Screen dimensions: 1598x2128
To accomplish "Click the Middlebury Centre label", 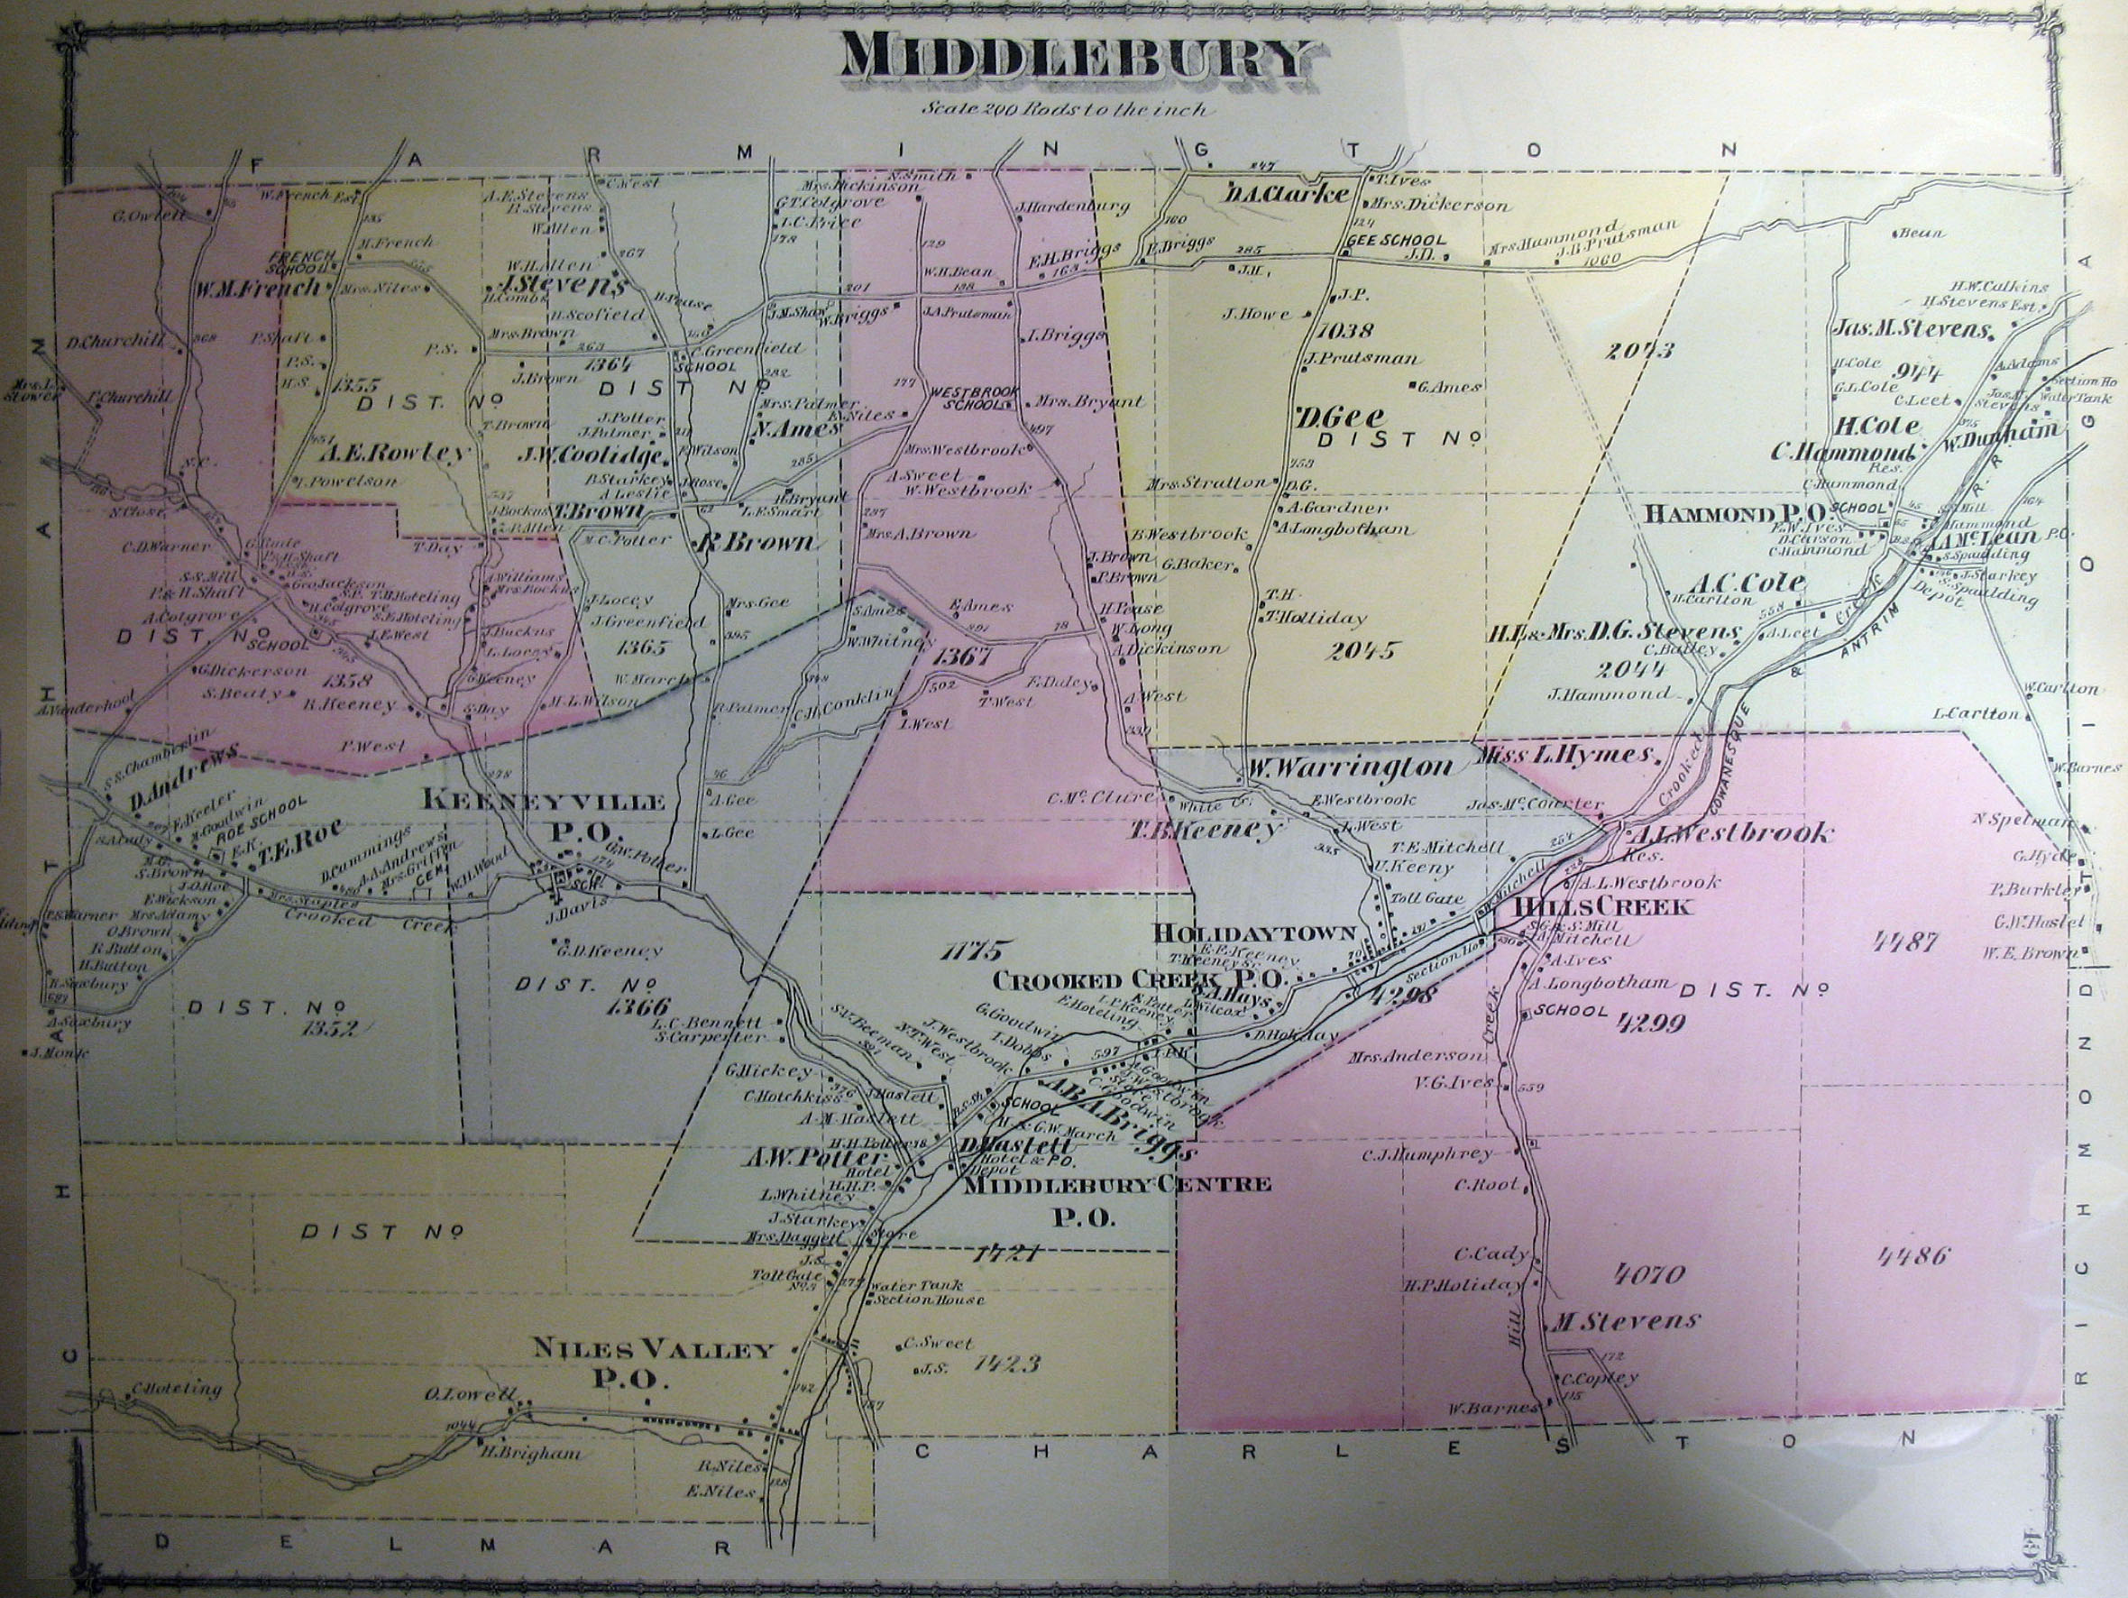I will (x=1116, y=1184).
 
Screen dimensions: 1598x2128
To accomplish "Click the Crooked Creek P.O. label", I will (x=1139, y=980).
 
